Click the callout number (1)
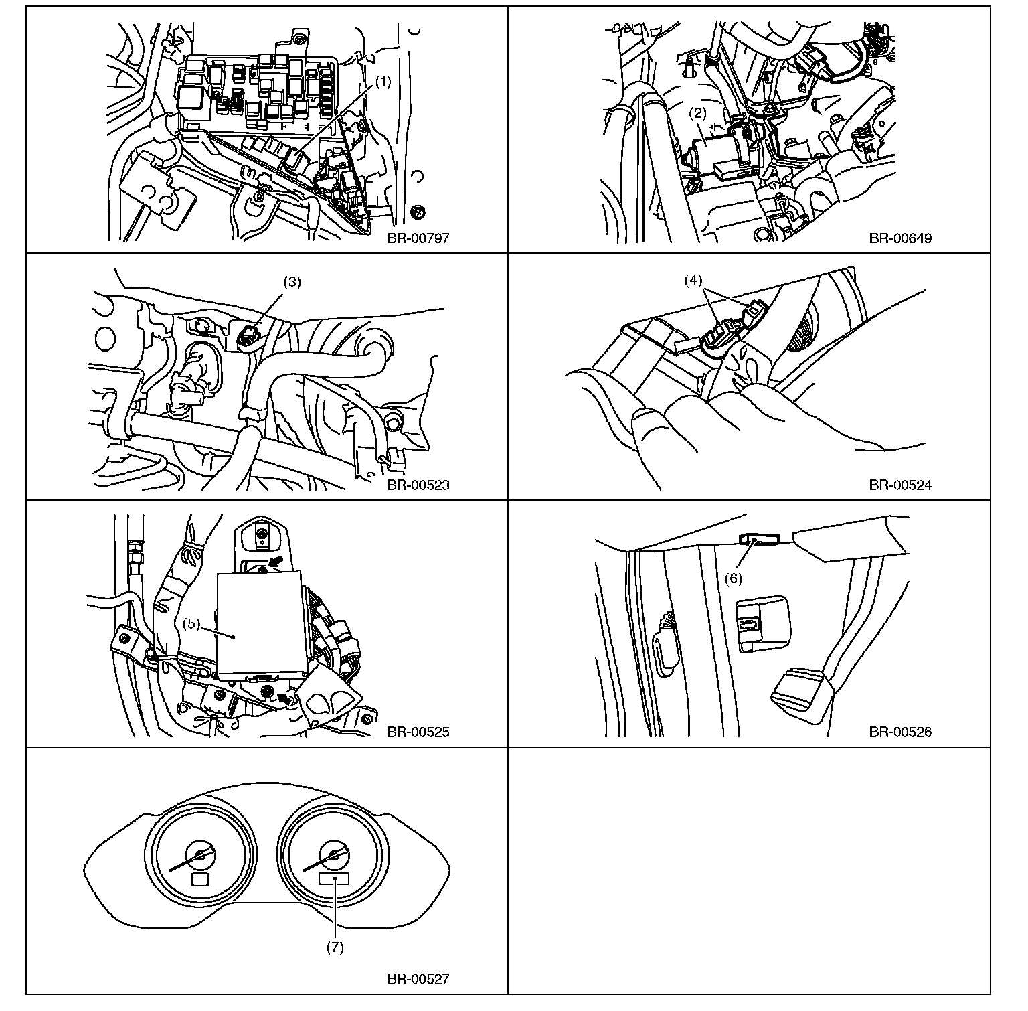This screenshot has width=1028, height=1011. [382, 82]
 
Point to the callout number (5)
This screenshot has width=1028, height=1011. [192, 623]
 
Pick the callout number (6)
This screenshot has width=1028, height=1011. [734, 578]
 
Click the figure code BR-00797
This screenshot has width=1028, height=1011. [418, 238]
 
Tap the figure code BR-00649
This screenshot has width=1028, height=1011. [900, 238]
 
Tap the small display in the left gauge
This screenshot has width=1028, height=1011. [201, 879]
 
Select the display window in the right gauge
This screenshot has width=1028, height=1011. [334, 879]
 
